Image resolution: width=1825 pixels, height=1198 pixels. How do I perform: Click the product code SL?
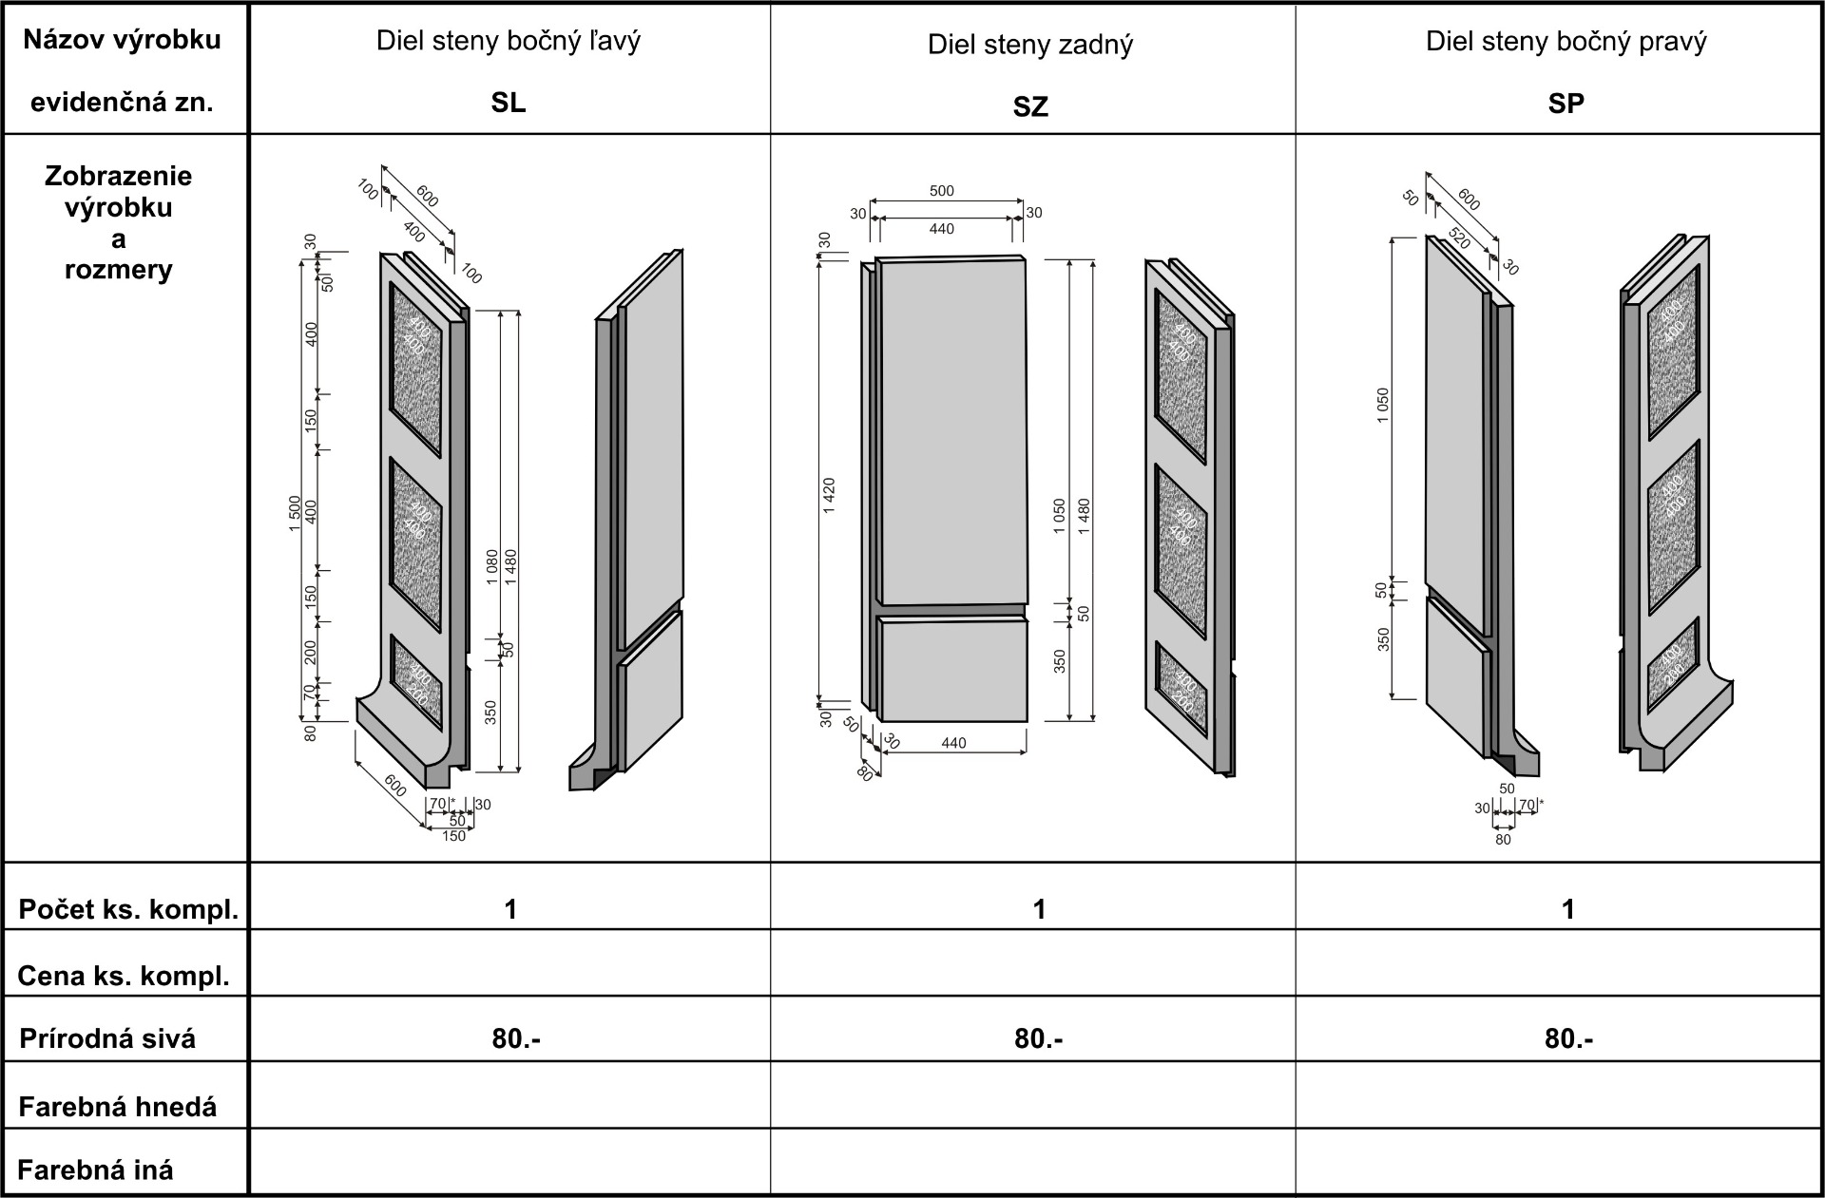tap(509, 103)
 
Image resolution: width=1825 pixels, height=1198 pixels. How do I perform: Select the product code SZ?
tap(1030, 107)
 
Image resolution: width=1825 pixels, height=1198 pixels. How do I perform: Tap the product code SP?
tap(1566, 103)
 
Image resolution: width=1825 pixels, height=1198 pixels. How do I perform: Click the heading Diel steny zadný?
tap(1030, 45)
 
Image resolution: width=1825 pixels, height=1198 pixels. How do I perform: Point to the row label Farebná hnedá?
tap(118, 1107)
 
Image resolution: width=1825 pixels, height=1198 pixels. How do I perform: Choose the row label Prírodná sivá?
tap(107, 1038)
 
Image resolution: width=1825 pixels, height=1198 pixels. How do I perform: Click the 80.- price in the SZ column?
tap(1038, 1038)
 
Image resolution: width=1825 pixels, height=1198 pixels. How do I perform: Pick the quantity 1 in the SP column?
tap(1567, 909)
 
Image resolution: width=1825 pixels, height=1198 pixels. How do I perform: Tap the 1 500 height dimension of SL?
tap(295, 513)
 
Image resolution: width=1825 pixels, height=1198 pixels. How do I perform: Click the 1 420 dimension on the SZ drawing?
tap(829, 496)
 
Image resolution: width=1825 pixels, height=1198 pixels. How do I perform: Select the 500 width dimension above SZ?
tap(941, 191)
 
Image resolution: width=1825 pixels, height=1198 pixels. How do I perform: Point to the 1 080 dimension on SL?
tap(491, 567)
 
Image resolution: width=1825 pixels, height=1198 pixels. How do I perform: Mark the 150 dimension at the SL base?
tap(454, 836)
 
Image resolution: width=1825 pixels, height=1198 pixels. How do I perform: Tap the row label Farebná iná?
tap(95, 1169)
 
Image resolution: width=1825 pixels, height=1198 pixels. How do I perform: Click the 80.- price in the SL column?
tap(516, 1038)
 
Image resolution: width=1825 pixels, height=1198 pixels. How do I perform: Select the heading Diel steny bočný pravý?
tap(1566, 41)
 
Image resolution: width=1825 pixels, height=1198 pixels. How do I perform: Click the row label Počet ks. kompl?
tap(128, 909)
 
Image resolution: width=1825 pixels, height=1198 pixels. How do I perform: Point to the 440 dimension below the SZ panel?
tap(953, 743)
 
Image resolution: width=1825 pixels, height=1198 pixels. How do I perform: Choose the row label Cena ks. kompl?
tap(124, 976)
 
